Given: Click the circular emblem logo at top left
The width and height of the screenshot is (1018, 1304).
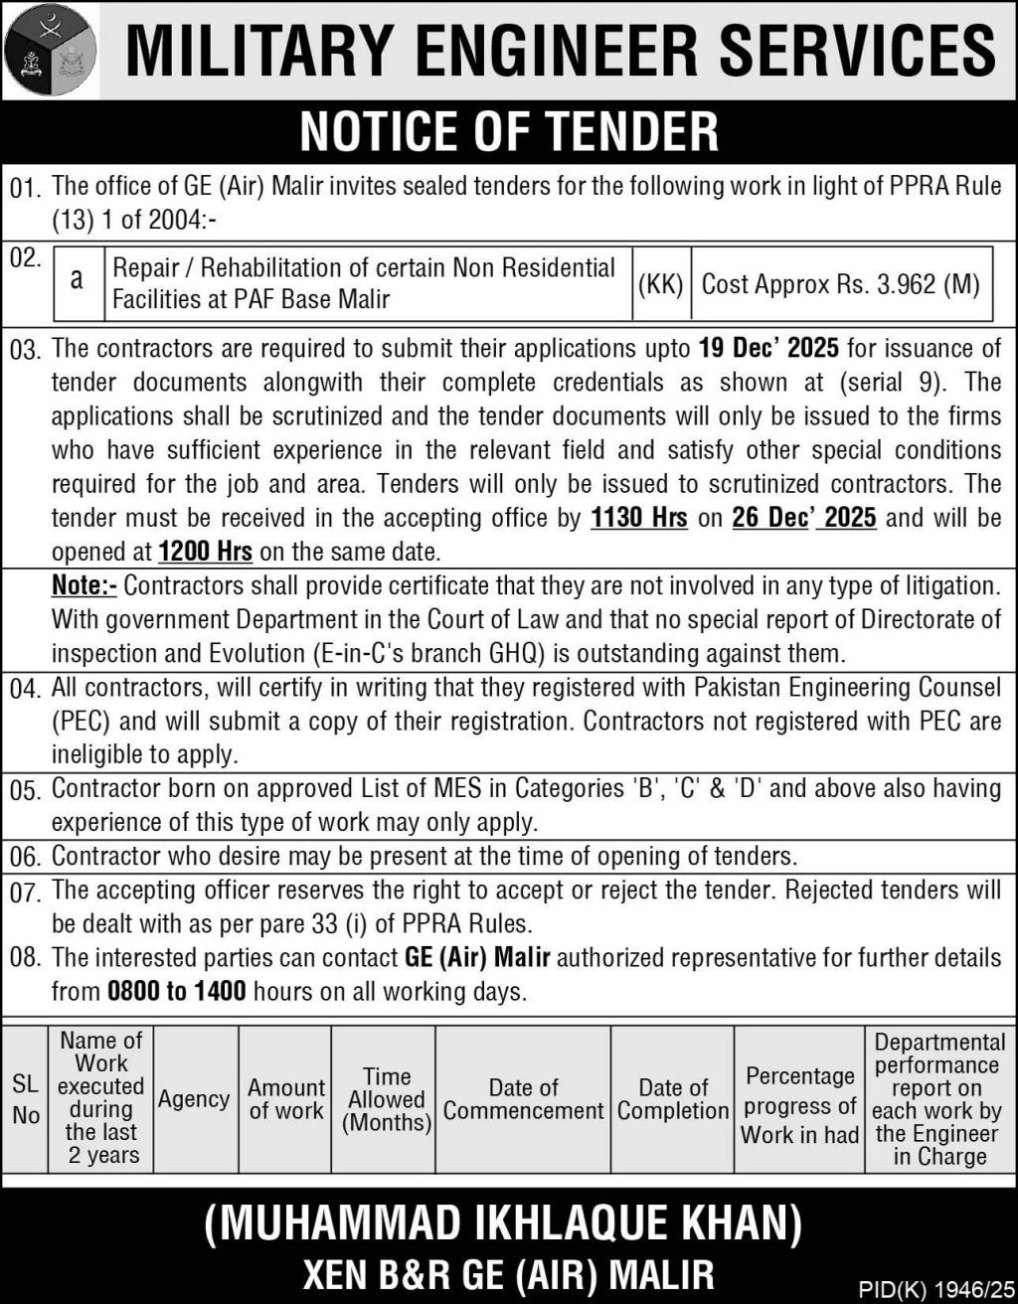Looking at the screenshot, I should (x=51, y=50).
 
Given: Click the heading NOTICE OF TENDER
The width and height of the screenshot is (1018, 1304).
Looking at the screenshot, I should (x=509, y=131).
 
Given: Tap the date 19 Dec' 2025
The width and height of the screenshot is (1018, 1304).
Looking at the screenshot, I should (x=768, y=349).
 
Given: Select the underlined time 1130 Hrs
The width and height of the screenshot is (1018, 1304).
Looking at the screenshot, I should (x=638, y=518).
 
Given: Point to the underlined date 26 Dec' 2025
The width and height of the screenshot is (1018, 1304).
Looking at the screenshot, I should (x=804, y=518).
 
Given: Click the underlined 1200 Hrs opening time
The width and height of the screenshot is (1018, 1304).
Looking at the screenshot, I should (x=206, y=552).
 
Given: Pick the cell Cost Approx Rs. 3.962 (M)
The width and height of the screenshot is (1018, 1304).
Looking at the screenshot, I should (x=841, y=284).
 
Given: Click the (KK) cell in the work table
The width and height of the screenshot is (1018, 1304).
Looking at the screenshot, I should (x=660, y=284).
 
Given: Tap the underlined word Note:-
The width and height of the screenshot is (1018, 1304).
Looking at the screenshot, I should (x=84, y=585).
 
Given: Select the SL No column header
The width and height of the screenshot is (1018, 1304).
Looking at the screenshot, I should (x=26, y=1099).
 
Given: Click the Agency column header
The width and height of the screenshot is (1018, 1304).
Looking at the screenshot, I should (x=194, y=1099).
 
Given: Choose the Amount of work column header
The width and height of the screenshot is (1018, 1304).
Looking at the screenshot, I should (x=286, y=1099).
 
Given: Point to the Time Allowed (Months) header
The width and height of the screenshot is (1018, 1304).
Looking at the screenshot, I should (x=387, y=1099).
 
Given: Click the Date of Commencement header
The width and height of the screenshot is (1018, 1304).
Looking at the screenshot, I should (x=523, y=1099).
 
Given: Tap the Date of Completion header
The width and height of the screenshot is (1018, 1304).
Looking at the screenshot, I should (x=673, y=1099).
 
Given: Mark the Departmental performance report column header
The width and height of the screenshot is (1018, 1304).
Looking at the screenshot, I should (x=937, y=1099).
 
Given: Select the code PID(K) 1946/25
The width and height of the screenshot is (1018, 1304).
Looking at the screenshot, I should (x=933, y=1289).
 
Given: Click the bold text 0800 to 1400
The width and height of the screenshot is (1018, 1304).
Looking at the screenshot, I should (x=177, y=992).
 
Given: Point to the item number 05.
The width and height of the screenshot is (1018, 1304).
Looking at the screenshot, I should (x=26, y=790).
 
